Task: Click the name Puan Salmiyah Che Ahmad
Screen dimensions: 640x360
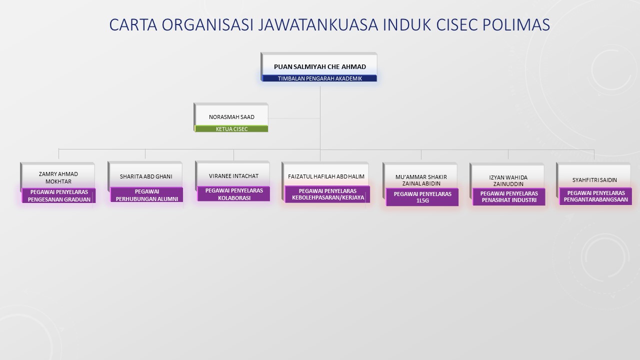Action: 320,67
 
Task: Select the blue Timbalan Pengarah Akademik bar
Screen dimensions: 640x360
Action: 319,78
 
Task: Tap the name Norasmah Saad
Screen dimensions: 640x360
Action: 231,117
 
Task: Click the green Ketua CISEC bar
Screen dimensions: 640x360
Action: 231,129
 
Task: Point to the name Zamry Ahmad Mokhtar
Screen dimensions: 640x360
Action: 58,177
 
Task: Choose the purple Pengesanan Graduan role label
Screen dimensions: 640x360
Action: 59,195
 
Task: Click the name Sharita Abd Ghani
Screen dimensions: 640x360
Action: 146,176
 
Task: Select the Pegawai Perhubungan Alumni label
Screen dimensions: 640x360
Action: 147,195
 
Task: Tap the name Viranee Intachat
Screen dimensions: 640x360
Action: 233,176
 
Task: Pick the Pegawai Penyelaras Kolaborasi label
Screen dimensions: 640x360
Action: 234,194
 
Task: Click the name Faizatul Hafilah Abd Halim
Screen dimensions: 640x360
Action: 326,176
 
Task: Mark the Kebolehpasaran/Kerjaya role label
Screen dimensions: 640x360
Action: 327,194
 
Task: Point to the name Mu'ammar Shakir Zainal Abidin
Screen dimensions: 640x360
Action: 421,180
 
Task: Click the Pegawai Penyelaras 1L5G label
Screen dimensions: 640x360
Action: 422,197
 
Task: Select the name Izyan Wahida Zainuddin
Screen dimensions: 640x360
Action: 508,180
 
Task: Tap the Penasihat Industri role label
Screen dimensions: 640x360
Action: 509,196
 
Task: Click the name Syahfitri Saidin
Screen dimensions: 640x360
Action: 594,180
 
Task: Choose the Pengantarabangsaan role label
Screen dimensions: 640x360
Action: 595,196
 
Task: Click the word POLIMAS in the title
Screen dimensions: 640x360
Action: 516,24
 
